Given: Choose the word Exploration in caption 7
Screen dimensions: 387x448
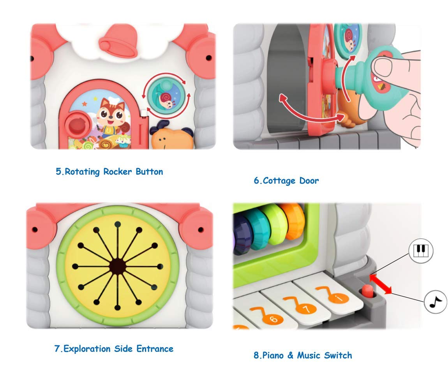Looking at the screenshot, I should coord(87,348).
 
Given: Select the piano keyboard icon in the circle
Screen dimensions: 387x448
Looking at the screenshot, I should coord(420,250).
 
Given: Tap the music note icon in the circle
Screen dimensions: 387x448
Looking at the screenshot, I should coord(435,302).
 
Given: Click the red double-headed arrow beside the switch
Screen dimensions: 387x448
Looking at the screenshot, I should coord(381,285).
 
